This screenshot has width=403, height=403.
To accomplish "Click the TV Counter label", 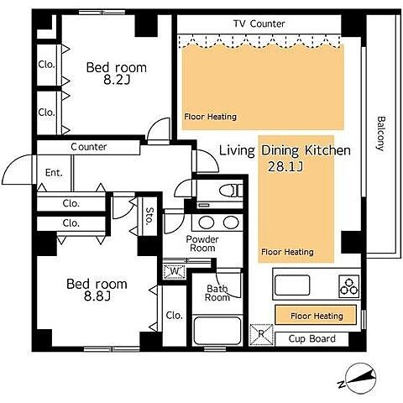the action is coord(259,24).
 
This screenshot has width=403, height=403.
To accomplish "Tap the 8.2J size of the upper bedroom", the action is coord(117,81).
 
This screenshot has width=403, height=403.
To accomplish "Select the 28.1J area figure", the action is coord(285,166).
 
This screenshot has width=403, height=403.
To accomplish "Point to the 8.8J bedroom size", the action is coord(97,296).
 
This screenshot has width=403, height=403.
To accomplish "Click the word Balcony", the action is coord(381,133).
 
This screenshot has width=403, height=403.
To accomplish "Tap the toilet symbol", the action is coord(231,191).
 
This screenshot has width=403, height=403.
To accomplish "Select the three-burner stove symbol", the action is coord(348,286).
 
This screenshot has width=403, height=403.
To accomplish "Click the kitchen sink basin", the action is coord(292,285).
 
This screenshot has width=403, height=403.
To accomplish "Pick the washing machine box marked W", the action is coord(174,271).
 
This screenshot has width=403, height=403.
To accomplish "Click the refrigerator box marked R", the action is coord(261,334).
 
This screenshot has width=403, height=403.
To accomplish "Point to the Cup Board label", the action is coord(311,338).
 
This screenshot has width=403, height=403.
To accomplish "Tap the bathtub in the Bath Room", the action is coord(217,331).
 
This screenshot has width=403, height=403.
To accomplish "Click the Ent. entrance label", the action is coord(54,173).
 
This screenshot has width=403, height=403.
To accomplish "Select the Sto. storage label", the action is coord(149,216).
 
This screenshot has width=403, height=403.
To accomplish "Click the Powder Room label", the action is coord(202,243).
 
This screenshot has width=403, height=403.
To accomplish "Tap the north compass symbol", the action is coord(359,379).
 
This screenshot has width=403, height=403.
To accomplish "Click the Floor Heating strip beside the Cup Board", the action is coord(316,316).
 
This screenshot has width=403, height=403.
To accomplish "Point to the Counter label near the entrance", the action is coord(89,147).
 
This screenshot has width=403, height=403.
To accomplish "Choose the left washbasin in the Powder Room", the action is coord(207,222).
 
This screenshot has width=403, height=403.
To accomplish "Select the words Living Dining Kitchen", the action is coord(285,150).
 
